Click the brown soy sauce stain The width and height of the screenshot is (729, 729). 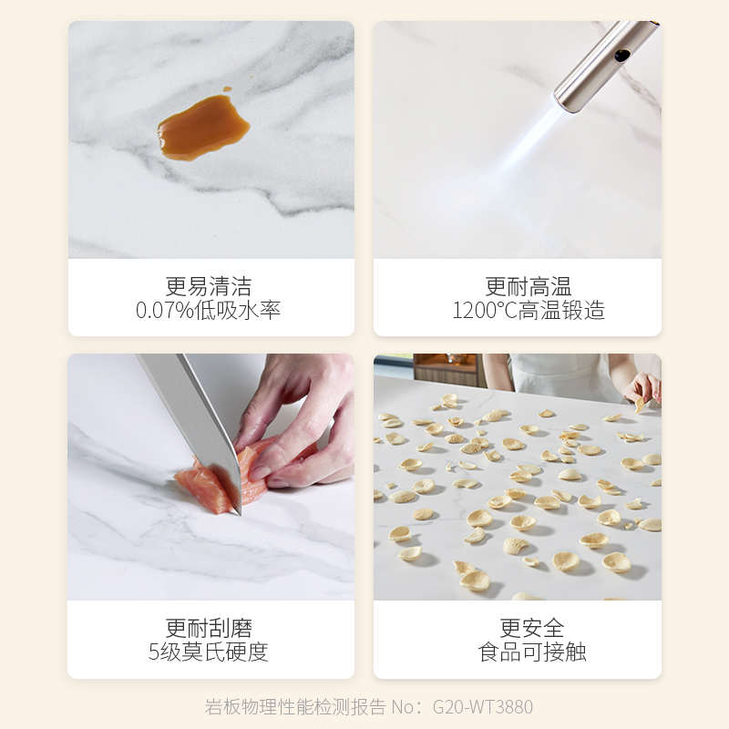point(202,128)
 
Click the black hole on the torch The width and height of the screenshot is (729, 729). point(622,56)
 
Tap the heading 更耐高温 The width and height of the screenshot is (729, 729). point(516,286)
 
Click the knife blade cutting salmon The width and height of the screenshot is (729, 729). point(196,419)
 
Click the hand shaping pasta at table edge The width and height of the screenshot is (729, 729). point(643,387)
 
